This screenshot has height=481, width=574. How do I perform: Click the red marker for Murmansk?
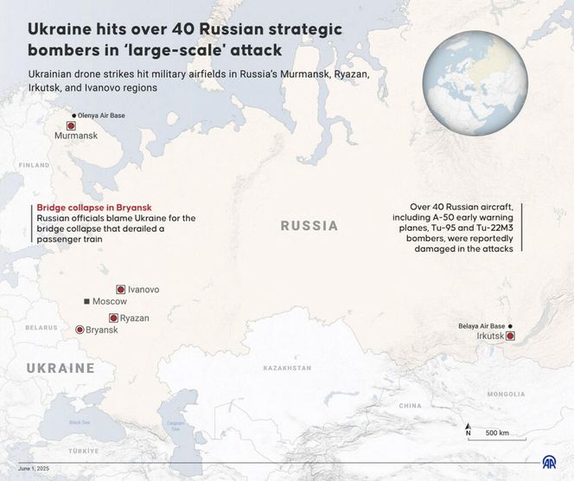(x=71, y=125)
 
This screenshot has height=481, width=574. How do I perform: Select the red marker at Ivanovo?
(x=120, y=290)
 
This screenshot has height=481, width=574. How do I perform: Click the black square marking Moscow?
(x=86, y=301)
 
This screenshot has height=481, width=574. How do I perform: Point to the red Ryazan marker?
(x=113, y=318)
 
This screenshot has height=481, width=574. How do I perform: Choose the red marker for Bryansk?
(x=80, y=330)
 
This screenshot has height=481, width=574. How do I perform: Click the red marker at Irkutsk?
(x=510, y=336)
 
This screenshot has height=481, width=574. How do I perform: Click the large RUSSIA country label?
(x=309, y=226)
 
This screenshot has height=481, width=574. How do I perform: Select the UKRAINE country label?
(x=60, y=368)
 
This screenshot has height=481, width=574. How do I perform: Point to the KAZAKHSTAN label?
(x=287, y=368)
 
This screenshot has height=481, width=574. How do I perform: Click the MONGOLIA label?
(x=506, y=394)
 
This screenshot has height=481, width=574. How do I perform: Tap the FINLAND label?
(x=34, y=164)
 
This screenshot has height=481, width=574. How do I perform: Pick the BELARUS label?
(x=41, y=328)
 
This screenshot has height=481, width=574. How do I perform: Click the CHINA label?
(x=411, y=405)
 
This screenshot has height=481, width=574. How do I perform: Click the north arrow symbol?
(x=468, y=430)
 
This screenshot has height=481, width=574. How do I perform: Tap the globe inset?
(x=462, y=83)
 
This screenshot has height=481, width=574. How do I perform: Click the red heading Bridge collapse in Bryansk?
(x=94, y=208)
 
